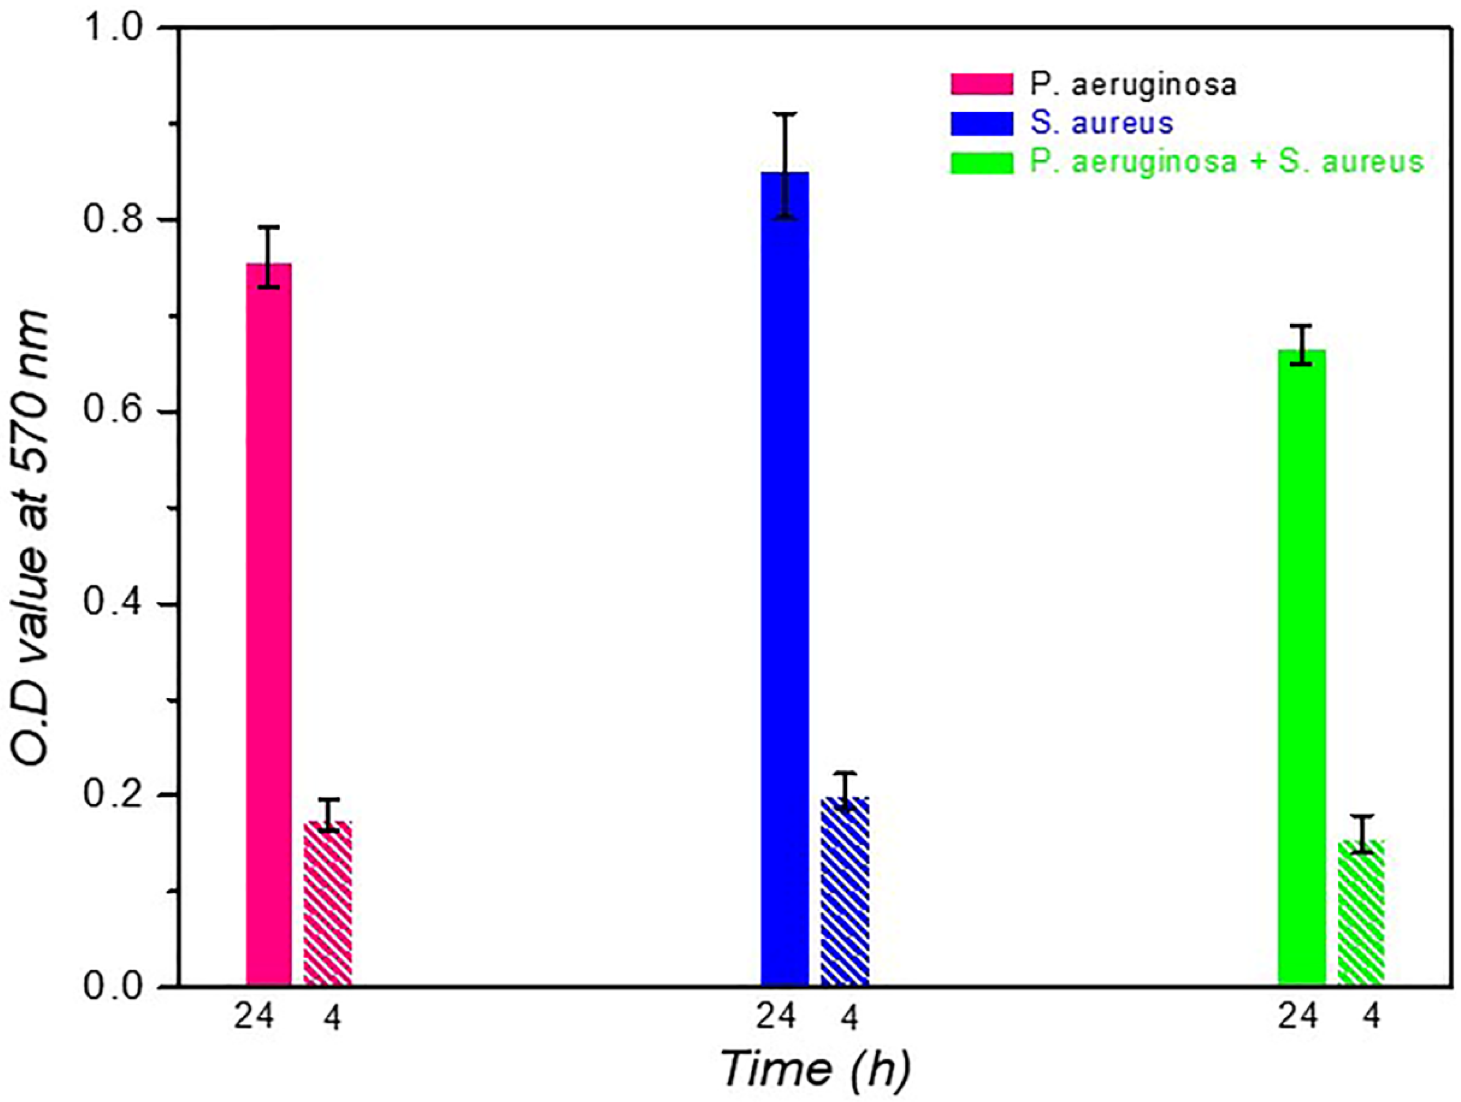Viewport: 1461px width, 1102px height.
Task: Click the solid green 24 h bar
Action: click(x=1302, y=667)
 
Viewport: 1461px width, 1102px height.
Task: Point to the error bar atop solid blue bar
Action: click(x=785, y=165)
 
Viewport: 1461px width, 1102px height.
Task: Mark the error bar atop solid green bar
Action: click(x=1302, y=345)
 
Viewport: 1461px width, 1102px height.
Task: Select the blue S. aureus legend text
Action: click(x=1102, y=123)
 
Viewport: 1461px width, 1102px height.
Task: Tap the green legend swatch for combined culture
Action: click(x=982, y=162)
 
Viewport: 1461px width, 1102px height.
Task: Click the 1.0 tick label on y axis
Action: click(x=112, y=28)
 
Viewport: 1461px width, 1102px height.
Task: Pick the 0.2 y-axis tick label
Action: click(x=112, y=795)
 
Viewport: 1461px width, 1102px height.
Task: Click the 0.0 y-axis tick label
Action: click(x=112, y=986)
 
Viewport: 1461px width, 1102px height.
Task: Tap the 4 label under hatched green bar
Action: click(x=1372, y=1017)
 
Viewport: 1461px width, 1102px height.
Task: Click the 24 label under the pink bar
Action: click(x=254, y=1017)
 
